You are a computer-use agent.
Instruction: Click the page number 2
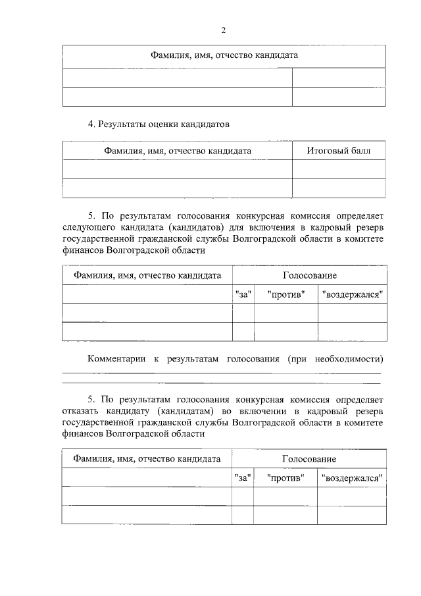(224, 30)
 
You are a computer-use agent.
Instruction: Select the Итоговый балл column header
(339, 151)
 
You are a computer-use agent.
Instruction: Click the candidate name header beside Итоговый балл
(178, 151)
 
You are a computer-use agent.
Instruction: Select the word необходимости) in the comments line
(349, 359)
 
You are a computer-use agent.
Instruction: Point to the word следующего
(89, 227)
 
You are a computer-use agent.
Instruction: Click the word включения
(284, 227)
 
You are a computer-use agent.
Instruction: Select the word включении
(281, 411)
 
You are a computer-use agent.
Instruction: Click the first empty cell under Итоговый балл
(339, 169)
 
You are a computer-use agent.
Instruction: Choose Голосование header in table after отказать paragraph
(309, 458)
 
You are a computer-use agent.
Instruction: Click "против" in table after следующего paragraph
(286, 294)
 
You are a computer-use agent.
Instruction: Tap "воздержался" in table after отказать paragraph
(352, 477)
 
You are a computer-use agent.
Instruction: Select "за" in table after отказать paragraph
(243, 477)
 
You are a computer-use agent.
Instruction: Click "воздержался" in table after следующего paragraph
(353, 294)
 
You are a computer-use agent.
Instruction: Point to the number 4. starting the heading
(92, 124)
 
